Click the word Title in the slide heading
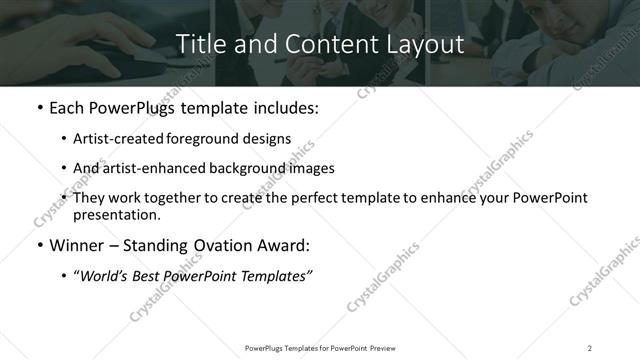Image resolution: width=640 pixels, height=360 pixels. pos(200,45)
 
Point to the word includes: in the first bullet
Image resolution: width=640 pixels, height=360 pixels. pos(282,108)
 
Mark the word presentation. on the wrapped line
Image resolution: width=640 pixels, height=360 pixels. pos(117,214)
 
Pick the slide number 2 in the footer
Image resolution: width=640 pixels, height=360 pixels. pos(590,347)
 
